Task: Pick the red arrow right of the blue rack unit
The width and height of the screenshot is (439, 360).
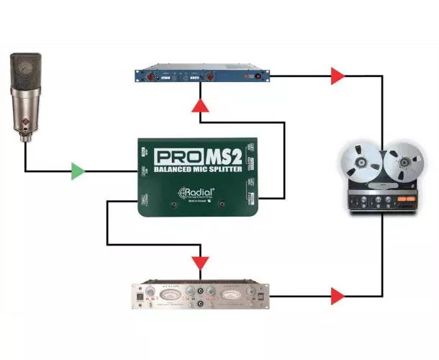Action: coord(337,75)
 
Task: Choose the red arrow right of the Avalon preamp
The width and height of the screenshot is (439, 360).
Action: coord(337,294)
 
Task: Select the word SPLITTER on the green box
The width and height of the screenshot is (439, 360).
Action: coord(226,173)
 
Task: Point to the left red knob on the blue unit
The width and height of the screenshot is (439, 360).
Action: coord(153,75)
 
